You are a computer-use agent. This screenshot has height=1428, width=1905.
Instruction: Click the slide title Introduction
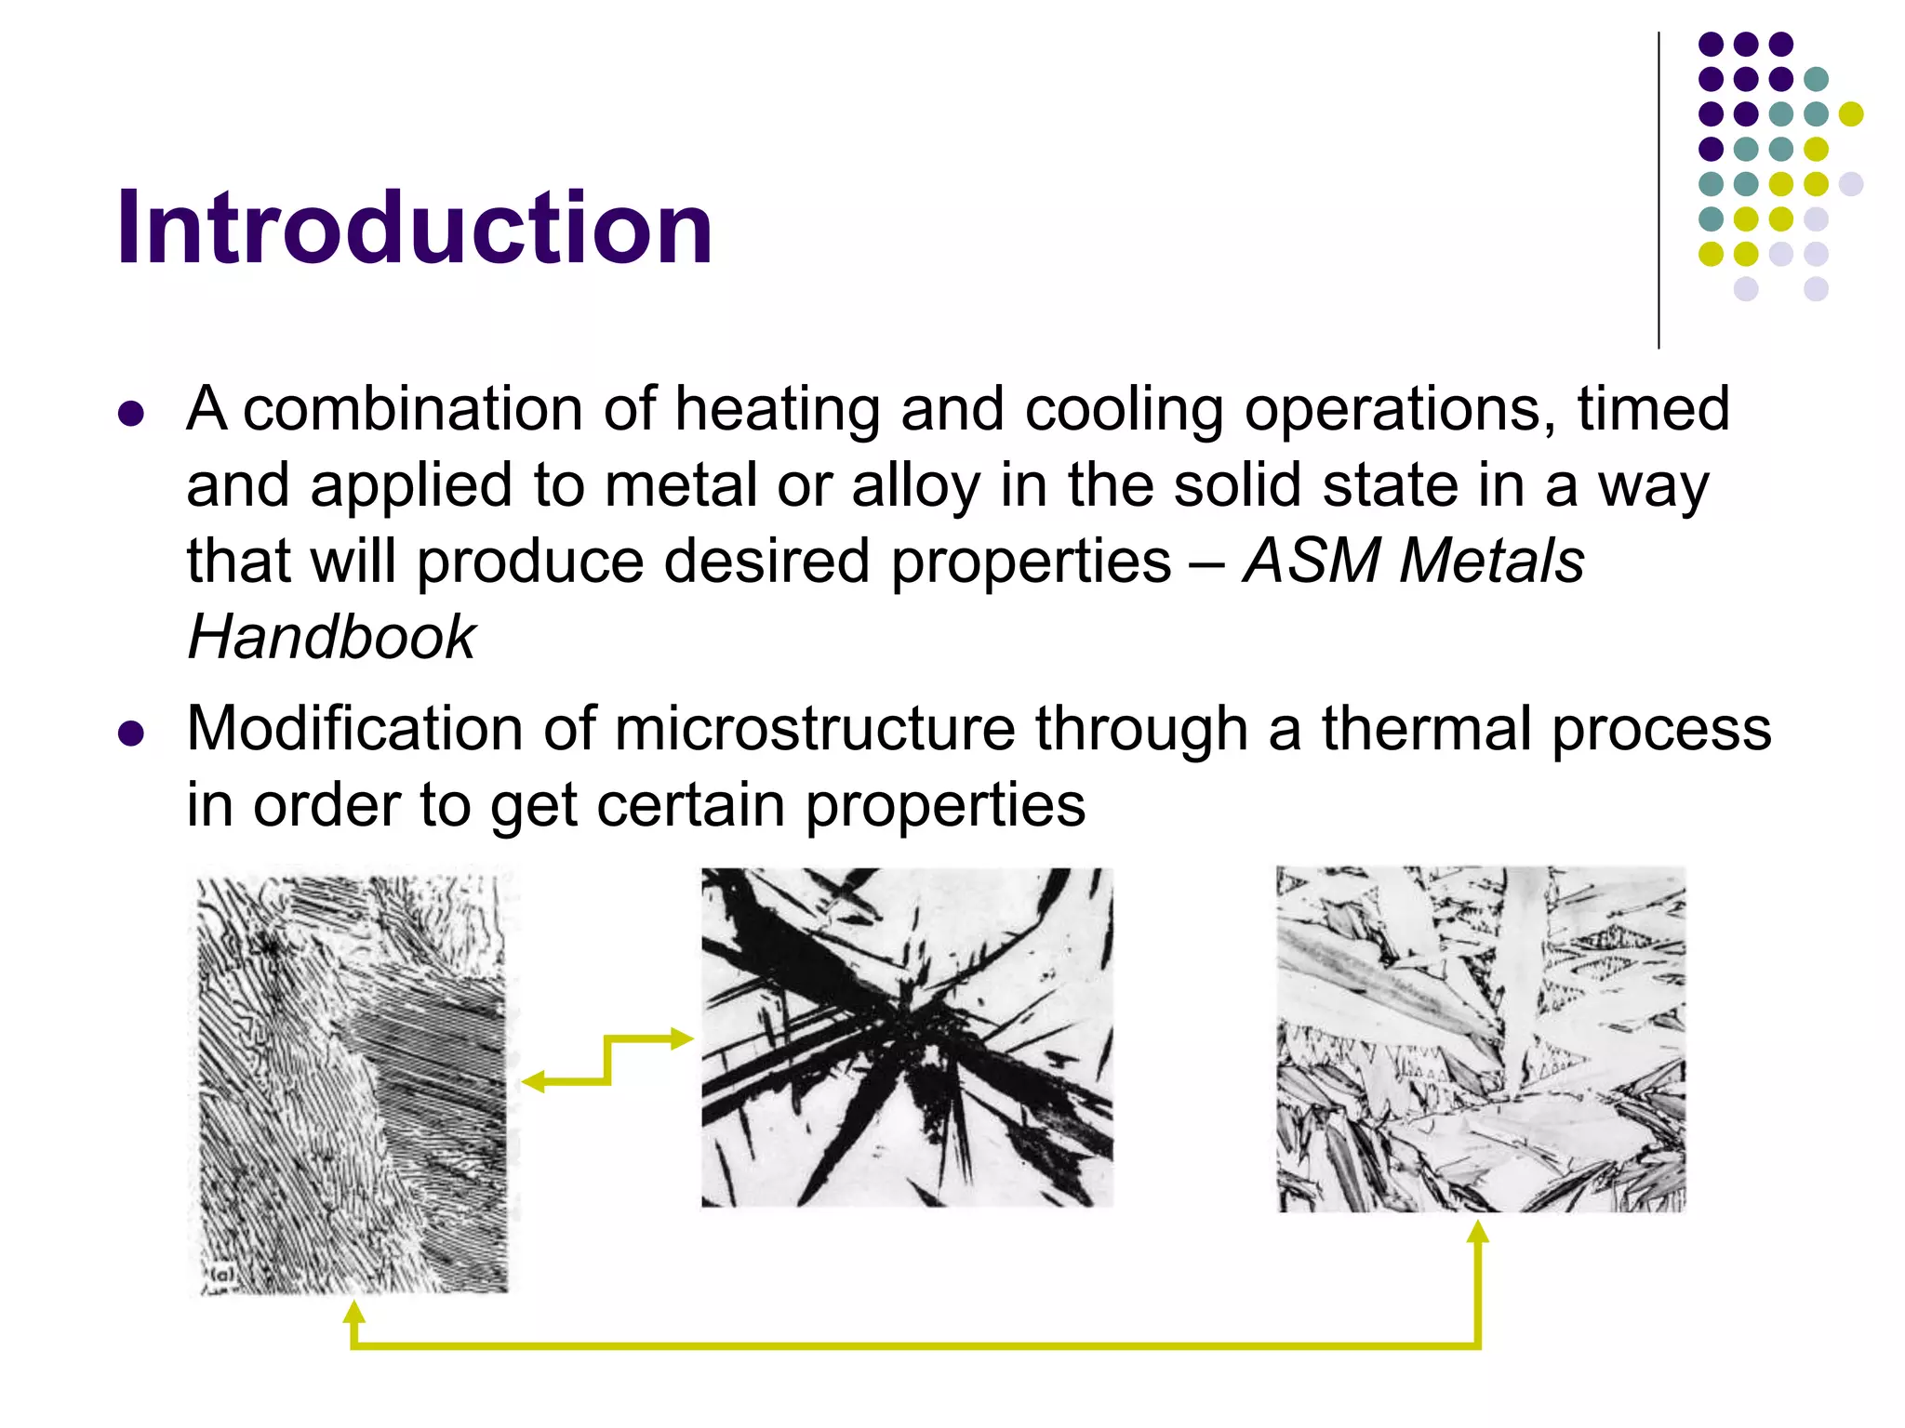414,229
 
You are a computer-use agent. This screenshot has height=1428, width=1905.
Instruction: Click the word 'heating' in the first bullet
777,409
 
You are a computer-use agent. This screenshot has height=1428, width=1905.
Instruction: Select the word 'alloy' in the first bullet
915,485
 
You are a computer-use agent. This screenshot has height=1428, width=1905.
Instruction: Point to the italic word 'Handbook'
332,638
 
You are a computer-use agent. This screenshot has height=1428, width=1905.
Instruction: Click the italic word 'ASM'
1312,562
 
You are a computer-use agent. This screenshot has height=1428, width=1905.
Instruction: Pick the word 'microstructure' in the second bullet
815,728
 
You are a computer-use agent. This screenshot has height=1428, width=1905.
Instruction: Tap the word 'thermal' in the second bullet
1427,728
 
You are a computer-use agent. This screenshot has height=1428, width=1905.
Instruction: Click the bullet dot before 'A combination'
132,413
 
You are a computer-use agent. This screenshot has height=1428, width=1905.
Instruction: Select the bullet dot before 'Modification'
132,734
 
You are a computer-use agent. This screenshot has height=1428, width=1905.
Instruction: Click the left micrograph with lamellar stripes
353,1078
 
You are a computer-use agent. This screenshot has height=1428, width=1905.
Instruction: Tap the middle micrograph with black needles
907,1037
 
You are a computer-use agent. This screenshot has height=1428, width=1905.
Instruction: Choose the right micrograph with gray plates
1481,1038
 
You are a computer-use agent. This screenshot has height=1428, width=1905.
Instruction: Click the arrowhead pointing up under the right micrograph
1478,1233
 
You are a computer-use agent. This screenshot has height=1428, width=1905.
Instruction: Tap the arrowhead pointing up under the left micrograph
353,1312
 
